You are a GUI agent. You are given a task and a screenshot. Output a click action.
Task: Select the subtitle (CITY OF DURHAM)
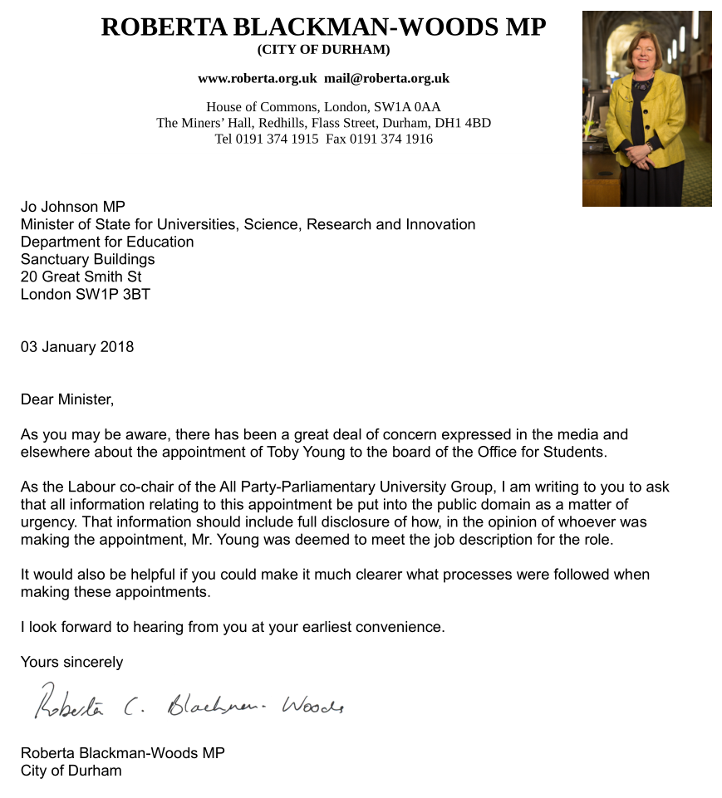click(x=323, y=49)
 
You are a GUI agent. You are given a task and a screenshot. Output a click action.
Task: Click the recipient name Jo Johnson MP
click(x=73, y=207)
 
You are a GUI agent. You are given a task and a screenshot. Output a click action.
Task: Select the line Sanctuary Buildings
click(x=87, y=259)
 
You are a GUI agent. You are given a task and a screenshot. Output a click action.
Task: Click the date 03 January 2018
click(x=77, y=347)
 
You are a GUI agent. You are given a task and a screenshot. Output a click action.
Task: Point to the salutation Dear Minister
click(x=66, y=399)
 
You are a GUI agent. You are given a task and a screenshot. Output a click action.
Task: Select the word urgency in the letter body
click(x=48, y=521)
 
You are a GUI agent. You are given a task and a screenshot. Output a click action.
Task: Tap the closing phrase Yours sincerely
click(x=71, y=662)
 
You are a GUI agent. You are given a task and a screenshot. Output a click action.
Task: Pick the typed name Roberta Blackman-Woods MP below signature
click(x=122, y=753)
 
